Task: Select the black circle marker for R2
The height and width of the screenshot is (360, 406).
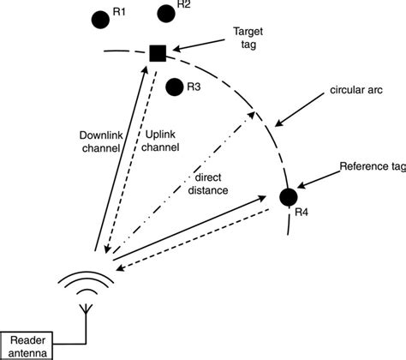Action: (x=166, y=13)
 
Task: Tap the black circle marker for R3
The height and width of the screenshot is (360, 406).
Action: (x=175, y=87)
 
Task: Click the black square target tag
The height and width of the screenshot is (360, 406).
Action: (x=158, y=53)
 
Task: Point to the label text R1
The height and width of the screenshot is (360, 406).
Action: (x=119, y=13)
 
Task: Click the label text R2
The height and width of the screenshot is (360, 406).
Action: (x=183, y=5)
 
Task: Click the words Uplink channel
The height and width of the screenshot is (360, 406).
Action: (x=157, y=141)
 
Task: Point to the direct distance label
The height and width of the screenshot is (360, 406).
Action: (x=211, y=184)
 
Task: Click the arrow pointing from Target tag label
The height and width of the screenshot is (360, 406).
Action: (x=200, y=45)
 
